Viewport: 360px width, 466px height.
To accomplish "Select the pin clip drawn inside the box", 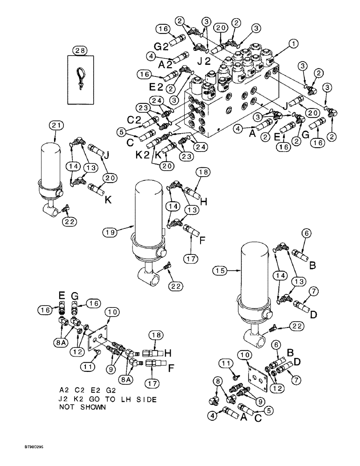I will [x=81, y=75].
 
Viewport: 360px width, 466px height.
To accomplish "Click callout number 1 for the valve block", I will [x=293, y=44].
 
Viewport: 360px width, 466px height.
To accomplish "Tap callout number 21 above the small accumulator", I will [x=55, y=125].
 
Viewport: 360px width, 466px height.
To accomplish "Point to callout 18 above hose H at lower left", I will [x=155, y=335].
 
